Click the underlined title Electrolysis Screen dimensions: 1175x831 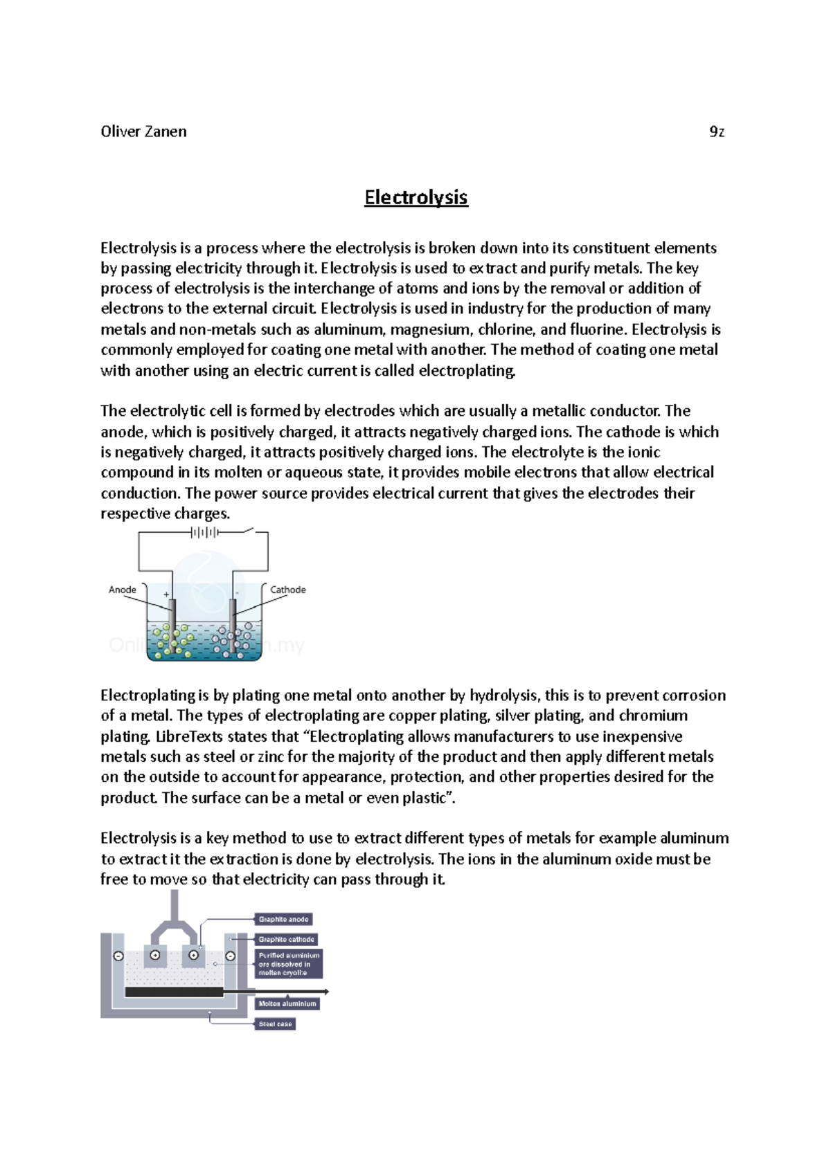click(x=416, y=197)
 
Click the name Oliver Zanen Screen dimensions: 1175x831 click(x=143, y=131)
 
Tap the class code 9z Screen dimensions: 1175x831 click(x=717, y=131)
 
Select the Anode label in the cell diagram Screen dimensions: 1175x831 click(x=123, y=590)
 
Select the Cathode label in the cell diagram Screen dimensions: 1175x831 click(x=287, y=590)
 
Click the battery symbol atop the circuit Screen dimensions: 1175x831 click(x=204, y=532)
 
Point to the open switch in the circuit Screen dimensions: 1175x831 click(x=242, y=531)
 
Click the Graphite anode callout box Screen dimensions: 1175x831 click(x=283, y=919)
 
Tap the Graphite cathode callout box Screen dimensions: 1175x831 click(x=286, y=939)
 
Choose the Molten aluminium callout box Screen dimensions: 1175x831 click(x=287, y=1003)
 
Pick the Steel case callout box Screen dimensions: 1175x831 click(x=275, y=1023)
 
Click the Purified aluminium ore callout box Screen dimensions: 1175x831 click(x=289, y=963)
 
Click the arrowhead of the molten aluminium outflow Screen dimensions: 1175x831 click(x=325, y=992)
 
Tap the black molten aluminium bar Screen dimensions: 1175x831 click(x=174, y=992)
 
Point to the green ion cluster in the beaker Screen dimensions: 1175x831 click(x=173, y=640)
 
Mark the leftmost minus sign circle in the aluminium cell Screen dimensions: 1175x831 click(x=118, y=956)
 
